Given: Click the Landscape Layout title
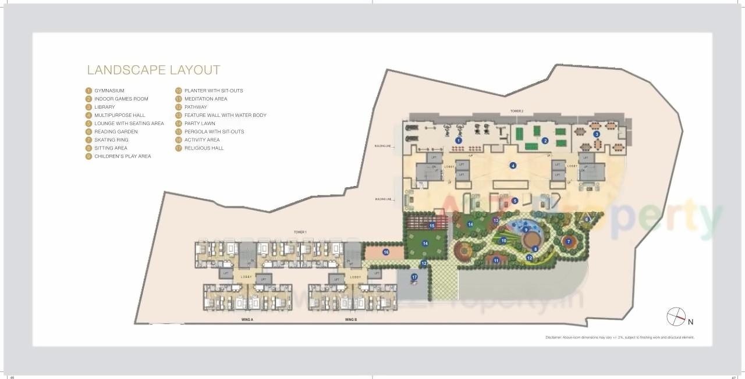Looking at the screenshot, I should (x=154, y=70).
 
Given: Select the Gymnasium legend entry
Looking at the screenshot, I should (x=109, y=91).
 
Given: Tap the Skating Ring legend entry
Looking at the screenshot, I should (x=111, y=140).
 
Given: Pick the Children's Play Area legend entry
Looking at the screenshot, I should (x=122, y=156).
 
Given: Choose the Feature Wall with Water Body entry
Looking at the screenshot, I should (x=225, y=115).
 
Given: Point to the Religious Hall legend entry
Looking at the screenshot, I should (x=204, y=148).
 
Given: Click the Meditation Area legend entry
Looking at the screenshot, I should (x=205, y=99).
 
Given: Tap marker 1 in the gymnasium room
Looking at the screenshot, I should (x=459, y=140).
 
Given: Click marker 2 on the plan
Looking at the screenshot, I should (x=545, y=141).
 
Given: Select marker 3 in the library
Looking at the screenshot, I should (x=597, y=134).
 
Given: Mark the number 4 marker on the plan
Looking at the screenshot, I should (x=513, y=166).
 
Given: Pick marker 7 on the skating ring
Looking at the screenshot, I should (x=569, y=241).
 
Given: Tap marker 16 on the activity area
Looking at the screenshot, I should (x=386, y=252).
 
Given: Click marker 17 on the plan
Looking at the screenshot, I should (x=414, y=277).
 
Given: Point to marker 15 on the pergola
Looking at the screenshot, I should (x=432, y=226).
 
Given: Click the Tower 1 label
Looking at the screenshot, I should (x=300, y=232).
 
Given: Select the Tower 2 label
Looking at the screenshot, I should (x=517, y=111).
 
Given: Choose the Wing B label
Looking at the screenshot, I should (x=350, y=320).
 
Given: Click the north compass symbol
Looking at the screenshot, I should (x=676, y=317).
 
